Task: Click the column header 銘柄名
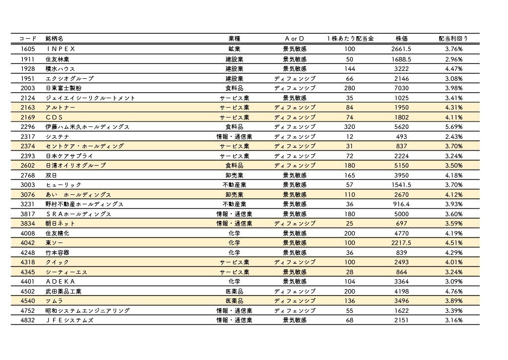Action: [x=54, y=39]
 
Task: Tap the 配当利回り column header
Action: [x=453, y=39]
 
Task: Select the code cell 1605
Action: [x=28, y=49]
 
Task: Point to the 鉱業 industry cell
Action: [x=234, y=49]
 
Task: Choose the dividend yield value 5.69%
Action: [x=453, y=127]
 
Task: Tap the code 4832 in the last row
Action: [x=28, y=320]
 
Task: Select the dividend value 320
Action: [x=350, y=127]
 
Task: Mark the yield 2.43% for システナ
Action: [x=453, y=136]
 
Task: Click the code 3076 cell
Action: [x=28, y=194]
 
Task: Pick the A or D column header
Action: [x=295, y=39]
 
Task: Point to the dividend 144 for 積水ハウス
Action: [x=350, y=68]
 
